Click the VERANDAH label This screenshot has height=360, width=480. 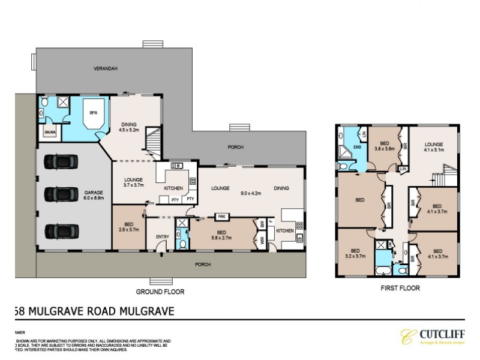(105, 69)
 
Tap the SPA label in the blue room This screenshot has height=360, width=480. (93, 112)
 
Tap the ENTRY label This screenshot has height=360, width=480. (163, 236)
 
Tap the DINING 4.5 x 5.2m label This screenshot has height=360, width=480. (129, 126)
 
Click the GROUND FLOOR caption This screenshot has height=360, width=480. (160, 292)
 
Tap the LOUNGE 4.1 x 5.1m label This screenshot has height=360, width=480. (434, 147)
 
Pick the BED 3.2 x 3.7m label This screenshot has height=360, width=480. (355, 253)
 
